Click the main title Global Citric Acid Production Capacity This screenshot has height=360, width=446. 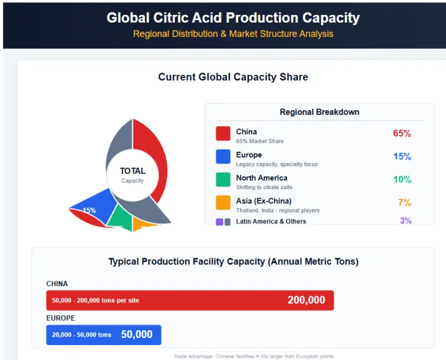[x=233, y=18]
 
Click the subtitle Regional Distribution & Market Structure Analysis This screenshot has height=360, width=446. [x=233, y=34]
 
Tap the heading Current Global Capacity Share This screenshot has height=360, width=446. [x=233, y=77]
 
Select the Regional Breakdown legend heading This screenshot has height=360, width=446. [x=319, y=112]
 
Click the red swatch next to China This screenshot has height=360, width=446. [x=223, y=133]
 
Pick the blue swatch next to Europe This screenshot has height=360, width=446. [x=223, y=156]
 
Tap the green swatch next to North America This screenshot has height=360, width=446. [x=223, y=180]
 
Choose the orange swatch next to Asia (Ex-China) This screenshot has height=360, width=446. [x=223, y=202]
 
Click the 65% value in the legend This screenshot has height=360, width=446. [x=402, y=133]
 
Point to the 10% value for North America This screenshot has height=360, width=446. [x=402, y=180]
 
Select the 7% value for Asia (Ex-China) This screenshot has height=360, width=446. [x=404, y=203]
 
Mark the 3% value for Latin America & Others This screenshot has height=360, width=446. [x=406, y=221]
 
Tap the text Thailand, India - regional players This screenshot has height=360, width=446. [x=278, y=211]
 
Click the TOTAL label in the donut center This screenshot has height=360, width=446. [x=133, y=171]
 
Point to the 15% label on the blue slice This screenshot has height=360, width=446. [x=89, y=210]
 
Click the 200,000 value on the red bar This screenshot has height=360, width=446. [x=306, y=300]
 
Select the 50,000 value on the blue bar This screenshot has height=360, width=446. [x=137, y=334]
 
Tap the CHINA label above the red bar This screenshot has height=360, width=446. [x=57, y=284]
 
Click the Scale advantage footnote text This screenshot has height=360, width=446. [x=254, y=356]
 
